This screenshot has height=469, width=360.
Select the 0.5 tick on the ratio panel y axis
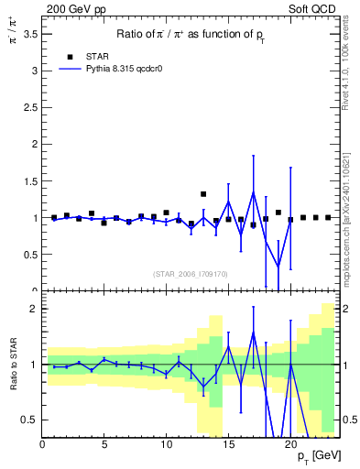(31, 420)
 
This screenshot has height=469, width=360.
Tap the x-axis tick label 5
(104, 445)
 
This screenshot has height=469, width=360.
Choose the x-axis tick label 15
(228, 445)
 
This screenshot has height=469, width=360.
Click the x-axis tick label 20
(290, 445)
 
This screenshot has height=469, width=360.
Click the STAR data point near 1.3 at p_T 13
(203, 194)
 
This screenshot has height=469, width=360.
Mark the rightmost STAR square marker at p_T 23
(328, 218)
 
